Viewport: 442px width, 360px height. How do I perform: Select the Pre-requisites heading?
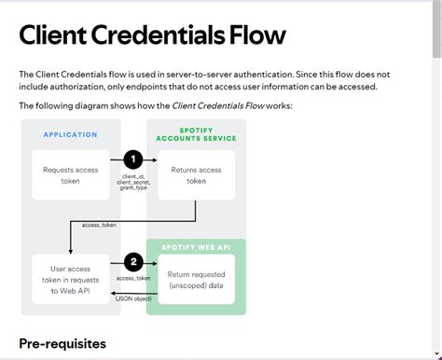[62, 343]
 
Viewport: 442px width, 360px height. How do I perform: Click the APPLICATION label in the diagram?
[70, 134]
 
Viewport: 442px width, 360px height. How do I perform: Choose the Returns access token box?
[195, 175]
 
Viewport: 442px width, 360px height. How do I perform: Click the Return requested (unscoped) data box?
[196, 280]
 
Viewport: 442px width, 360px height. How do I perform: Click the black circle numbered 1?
[133, 160]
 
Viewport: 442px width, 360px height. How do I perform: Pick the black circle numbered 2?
[133, 262]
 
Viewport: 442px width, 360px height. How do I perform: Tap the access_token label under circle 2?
[133, 278]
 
